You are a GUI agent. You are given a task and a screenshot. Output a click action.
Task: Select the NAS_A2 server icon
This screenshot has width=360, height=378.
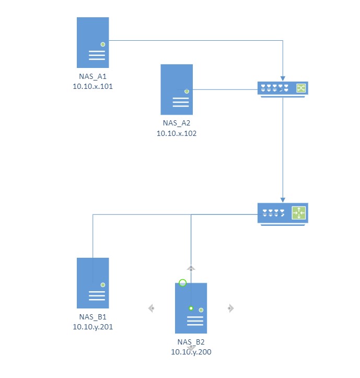pos(177,89)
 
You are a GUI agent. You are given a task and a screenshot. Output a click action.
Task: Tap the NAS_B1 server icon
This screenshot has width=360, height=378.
pos(93,283)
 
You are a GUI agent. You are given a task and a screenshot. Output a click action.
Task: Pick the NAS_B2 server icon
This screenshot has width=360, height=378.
pos(191,308)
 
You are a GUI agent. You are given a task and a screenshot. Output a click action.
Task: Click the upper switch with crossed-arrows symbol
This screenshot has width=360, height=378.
pos(283,88)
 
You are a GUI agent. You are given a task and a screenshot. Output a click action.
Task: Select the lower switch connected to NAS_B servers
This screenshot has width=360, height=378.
pos(283,213)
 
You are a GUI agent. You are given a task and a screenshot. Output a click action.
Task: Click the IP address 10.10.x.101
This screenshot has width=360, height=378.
pos(93,87)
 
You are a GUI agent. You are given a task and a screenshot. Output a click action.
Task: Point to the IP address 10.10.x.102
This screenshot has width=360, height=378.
pos(177,133)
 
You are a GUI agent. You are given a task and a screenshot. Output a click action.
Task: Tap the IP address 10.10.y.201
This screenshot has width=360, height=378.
pos(93,327)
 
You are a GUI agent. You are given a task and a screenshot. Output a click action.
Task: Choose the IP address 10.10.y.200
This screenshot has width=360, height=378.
pos(191,352)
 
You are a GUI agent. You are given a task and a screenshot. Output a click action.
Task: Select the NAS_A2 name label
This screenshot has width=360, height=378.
pos(177,124)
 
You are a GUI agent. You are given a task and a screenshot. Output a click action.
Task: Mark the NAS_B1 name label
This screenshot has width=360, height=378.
pos(93,317)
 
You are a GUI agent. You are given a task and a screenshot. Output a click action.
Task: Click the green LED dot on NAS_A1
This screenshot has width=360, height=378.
pos(103,44)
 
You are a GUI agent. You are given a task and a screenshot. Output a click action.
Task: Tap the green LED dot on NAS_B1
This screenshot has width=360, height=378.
pos(103,285)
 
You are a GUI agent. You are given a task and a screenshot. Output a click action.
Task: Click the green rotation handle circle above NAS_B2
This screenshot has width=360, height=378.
pos(182,283)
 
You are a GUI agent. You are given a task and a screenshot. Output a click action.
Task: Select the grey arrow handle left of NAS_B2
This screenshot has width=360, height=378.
pos(152,308)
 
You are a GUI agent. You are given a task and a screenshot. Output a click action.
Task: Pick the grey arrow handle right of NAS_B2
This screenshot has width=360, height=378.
pos(230,308)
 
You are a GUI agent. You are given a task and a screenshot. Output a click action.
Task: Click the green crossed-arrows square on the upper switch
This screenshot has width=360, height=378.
pos(301,88)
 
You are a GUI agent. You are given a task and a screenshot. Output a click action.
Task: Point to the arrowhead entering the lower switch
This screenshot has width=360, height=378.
pos(283,200)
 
